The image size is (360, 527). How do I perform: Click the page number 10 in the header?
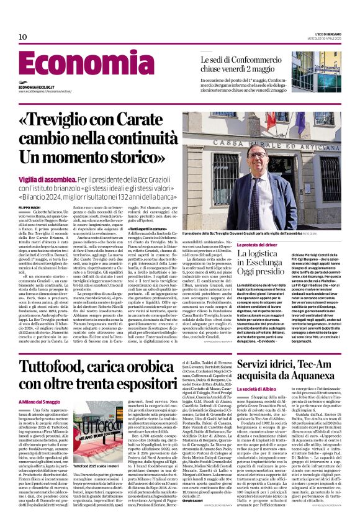[23, 37]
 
